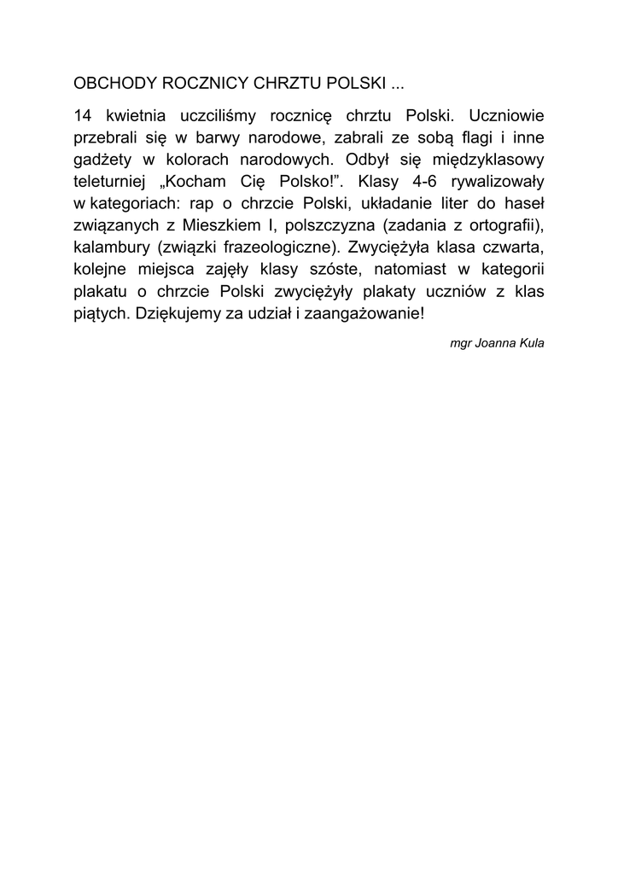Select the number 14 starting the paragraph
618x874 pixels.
click(83, 115)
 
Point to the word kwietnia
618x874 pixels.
click(136, 115)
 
